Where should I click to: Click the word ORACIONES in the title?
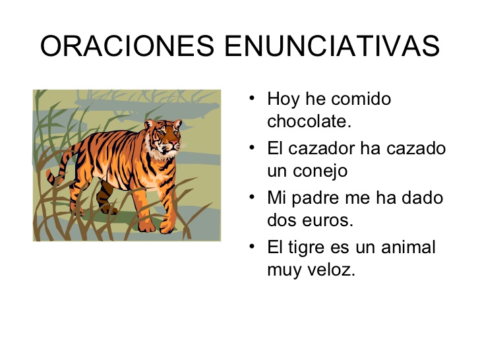[x=127, y=46]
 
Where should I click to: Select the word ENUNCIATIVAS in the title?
[x=332, y=46]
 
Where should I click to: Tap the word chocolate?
[x=309, y=121]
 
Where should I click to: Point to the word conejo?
[x=320, y=171]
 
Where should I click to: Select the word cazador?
[x=322, y=148]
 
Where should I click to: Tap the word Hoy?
[x=283, y=100]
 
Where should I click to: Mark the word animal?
[x=408, y=247]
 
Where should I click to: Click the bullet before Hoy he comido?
[x=252, y=98]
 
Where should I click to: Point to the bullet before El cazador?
[x=252, y=148]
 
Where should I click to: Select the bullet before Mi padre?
[x=252, y=197]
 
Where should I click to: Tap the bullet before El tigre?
[x=252, y=247]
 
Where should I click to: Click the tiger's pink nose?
[x=173, y=142]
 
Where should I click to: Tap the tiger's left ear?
[x=149, y=124]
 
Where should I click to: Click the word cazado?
[x=416, y=148]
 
